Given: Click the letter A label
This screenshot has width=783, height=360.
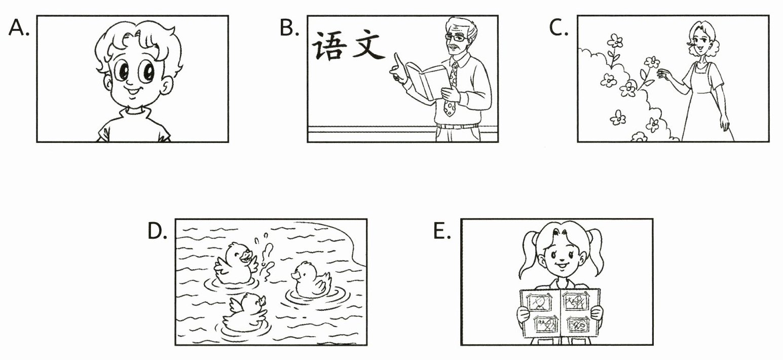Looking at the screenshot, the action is point(19,28).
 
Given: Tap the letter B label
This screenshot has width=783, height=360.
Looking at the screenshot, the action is point(289,28).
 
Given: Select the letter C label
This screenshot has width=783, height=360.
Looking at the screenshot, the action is point(558,28).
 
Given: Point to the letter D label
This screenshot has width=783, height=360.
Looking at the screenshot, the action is point(157,231).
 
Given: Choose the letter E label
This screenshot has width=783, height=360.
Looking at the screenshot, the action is point(442,231).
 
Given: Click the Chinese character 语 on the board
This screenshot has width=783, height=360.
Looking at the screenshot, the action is point(330,46).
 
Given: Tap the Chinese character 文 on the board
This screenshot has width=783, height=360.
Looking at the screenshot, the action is point(368,45).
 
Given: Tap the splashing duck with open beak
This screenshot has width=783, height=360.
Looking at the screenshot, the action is point(235,264).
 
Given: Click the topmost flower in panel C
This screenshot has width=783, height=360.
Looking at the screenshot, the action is point(615,41).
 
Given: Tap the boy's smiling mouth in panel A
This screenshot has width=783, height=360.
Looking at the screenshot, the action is point(133,92).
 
